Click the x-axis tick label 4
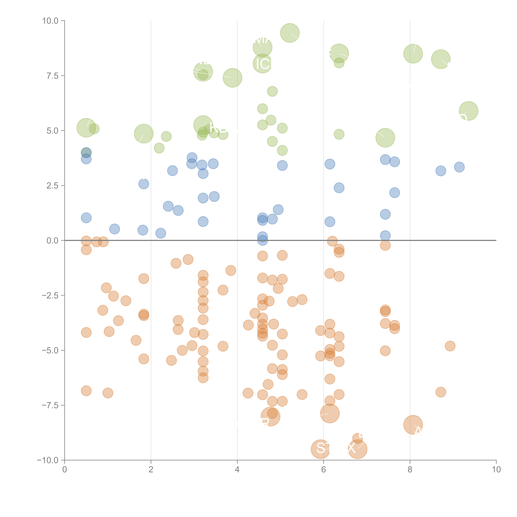point(237,470)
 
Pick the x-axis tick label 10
point(496,470)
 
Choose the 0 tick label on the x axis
point(65,470)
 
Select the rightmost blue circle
point(459,167)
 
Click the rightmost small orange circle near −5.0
point(450,346)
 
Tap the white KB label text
point(218,128)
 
